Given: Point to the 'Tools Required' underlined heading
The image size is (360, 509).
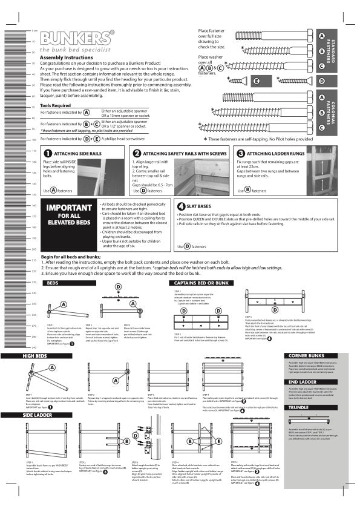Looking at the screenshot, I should [x=55, y=105].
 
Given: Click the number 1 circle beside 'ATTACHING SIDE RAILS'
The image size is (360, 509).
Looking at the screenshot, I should [x=48, y=154].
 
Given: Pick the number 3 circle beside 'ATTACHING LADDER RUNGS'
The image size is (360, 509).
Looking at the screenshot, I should [x=241, y=154].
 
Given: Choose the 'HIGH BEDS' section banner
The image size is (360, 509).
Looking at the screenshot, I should [x=38, y=356].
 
